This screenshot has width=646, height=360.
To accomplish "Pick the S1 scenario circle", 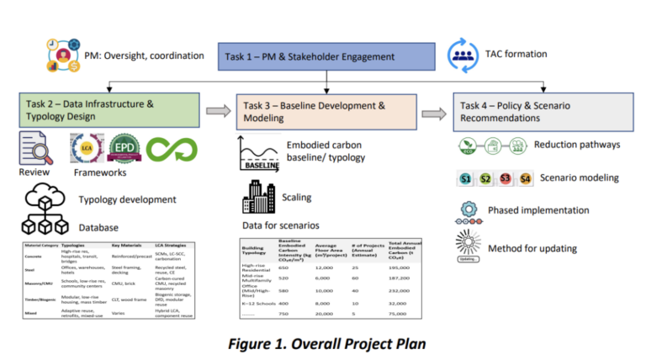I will (466, 178).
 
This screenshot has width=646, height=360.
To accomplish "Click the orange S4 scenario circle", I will (527, 178).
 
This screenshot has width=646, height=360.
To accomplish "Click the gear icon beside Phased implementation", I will (469, 209).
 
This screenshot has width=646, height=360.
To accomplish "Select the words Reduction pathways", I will (578, 145).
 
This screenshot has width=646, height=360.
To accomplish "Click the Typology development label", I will (127, 199).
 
